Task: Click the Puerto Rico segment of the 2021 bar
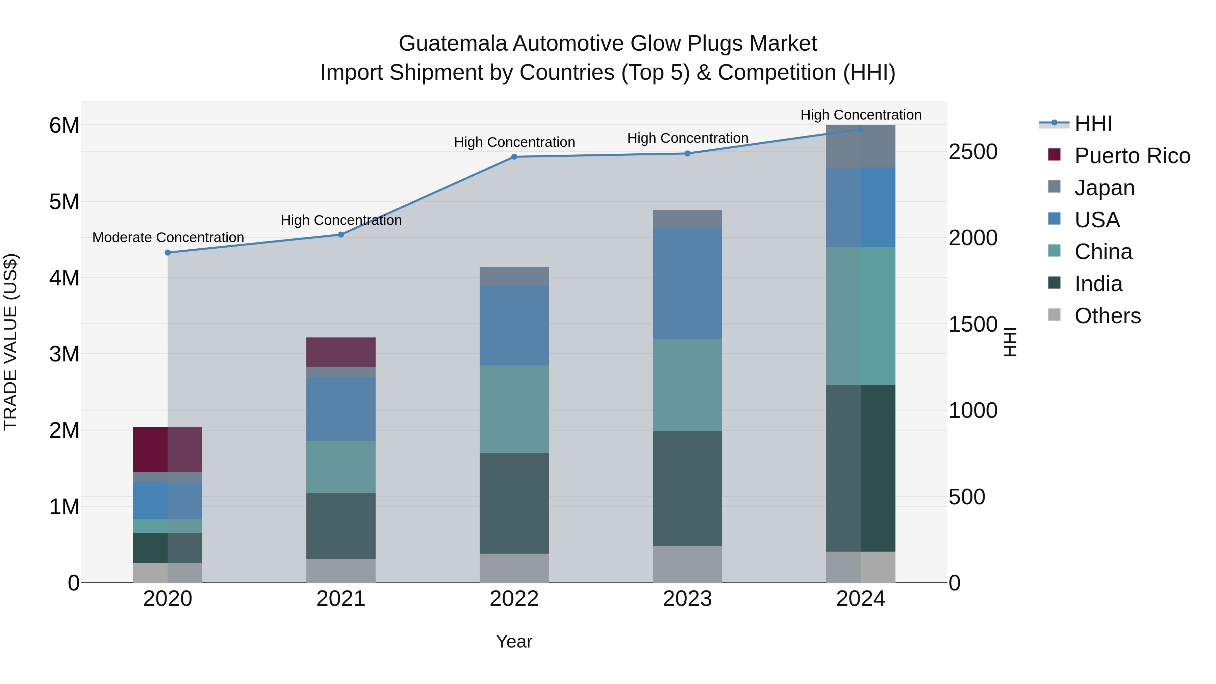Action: (341, 352)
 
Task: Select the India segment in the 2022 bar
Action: (514, 503)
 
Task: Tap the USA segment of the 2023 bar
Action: (687, 283)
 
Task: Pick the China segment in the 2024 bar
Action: (861, 316)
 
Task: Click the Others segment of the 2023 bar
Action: (687, 564)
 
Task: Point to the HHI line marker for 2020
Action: (168, 253)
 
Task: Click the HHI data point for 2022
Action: (514, 157)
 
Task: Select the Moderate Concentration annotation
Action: (168, 237)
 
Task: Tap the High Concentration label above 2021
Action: (341, 221)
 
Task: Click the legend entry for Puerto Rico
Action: (1132, 156)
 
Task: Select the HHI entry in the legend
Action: (1093, 124)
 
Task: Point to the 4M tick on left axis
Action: (64, 278)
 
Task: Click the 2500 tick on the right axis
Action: (973, 152)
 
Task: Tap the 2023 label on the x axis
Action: (687, 599)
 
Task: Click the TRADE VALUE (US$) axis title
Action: (10, 342)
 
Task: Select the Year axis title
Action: (514, 641)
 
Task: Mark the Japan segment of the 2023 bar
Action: (687, 219)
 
